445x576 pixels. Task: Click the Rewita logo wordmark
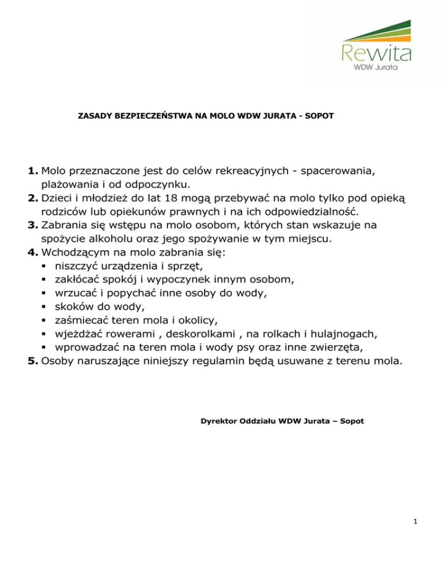377,52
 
